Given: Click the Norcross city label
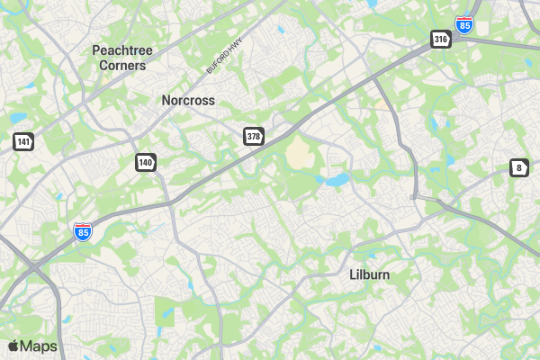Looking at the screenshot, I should coord(188,101).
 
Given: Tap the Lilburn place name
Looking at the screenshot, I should coord(369,274).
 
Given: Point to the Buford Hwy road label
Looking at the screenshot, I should coord(225,56).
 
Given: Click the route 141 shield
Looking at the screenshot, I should coord(23,141).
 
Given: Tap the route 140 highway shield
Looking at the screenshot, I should coord(146,162).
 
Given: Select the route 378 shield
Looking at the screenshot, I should coord(254,136).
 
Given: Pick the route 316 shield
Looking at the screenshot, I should coord(440,39).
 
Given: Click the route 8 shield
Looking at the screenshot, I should coord(518,167).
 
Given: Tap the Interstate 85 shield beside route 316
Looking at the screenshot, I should coord(463,25).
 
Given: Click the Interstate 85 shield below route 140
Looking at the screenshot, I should coord(83,232).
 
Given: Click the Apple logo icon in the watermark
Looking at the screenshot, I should coord(13,346).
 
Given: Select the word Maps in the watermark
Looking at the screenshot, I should coord(39,346).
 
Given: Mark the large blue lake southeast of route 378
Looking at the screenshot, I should coord(337,180).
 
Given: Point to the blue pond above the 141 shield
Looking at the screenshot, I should coord(18,118).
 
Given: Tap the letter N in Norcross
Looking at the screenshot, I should coord(166,101).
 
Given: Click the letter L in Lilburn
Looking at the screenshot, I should coord(353,274).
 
